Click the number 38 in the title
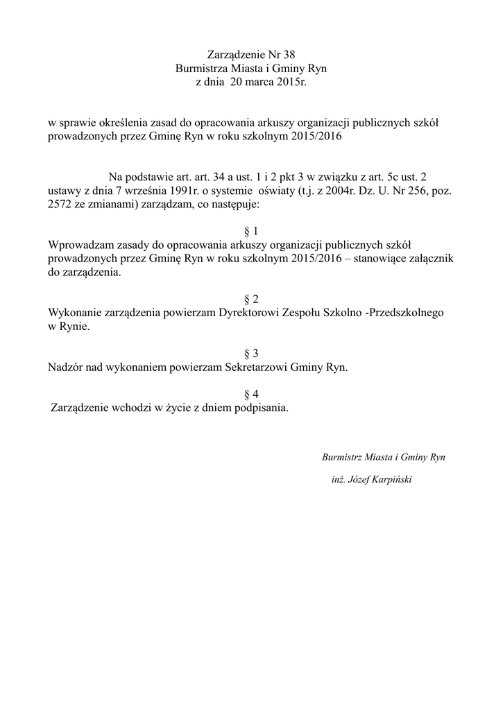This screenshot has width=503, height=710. (x=296, y=55)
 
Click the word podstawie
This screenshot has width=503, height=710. (x=160, y=177)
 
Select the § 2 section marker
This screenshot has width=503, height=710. (x=251, y=299)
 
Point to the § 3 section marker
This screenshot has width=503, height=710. (x=251, y=354)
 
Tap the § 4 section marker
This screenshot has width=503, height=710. (x=251, y=394)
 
